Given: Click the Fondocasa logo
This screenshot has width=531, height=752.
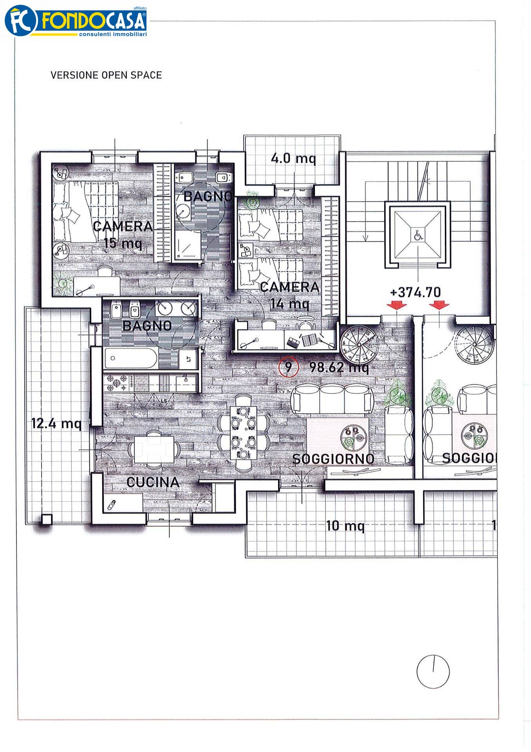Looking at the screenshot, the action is coord(76,22).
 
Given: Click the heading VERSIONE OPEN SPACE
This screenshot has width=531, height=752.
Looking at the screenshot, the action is coord(106,75).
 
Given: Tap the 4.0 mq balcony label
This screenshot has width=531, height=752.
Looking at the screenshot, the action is coord(293,159).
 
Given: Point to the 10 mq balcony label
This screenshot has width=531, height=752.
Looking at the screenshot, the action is coord(345,526).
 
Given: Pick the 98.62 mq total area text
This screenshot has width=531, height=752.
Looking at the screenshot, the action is coord(339,367).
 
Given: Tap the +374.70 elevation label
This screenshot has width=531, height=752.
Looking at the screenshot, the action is coord(415,292).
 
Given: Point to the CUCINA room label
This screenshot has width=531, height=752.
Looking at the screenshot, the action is coord(153,482).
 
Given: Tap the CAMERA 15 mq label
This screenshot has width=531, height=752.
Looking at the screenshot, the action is coord(123,234).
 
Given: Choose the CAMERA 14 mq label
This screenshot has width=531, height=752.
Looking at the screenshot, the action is coord(290,295).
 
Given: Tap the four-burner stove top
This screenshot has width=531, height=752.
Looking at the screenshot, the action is coord(118,383).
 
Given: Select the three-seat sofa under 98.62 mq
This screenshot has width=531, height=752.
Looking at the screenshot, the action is coord(332,399).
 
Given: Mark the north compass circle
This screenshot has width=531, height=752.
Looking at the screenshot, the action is coord(433,672).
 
